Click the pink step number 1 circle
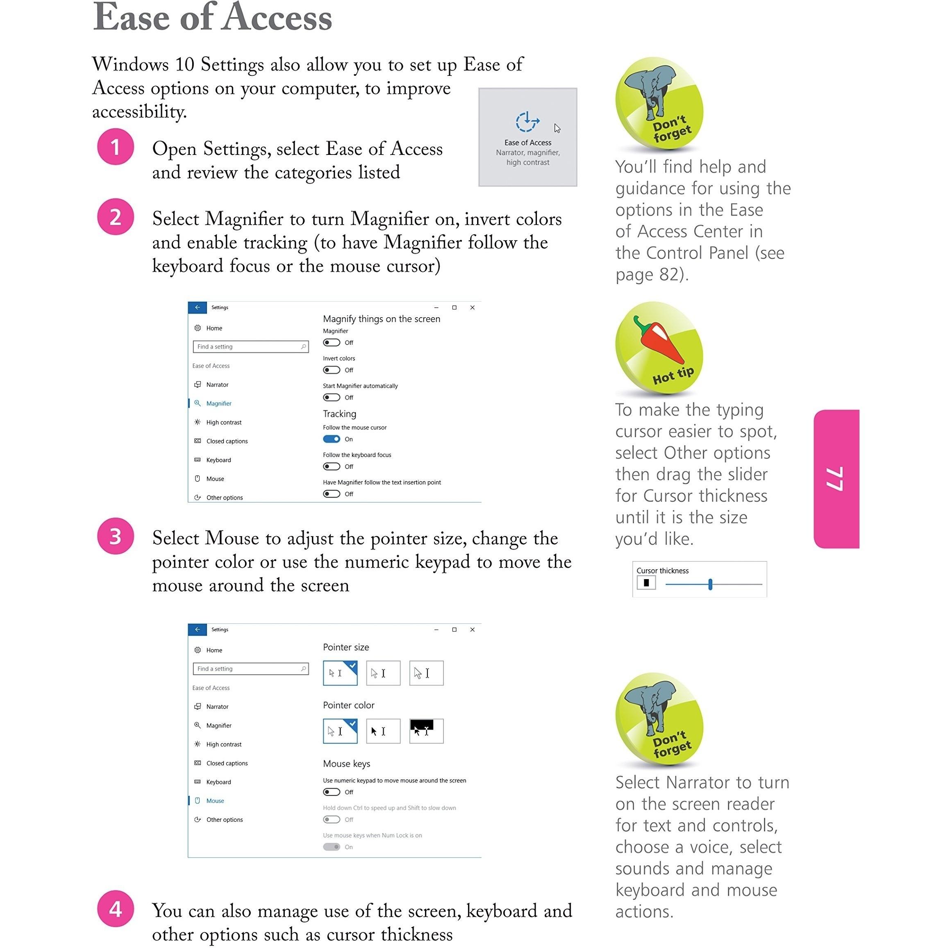[115, 147]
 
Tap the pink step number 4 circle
[115, 909]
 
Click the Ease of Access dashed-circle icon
[527, 122]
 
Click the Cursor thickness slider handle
[710, 584]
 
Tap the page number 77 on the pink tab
[835, 478]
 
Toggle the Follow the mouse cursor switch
[332, 439]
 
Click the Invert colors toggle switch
[332, 370]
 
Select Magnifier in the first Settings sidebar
[218, 403]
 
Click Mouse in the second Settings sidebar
[215, 801]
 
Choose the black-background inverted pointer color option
[426, 731]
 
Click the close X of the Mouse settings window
[472, 630]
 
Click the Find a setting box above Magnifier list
[250, 346]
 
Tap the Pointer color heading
[348, 705]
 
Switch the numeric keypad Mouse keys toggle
[332, 792]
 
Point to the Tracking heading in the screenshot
[339, 414]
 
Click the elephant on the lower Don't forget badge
[650, 709]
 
